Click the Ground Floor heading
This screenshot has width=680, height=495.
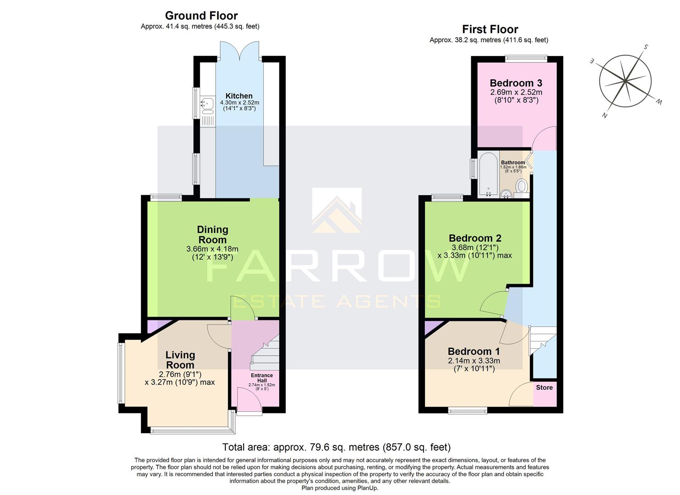pos(201,16)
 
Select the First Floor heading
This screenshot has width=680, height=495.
pos(490,29)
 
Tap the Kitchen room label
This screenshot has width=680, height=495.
pos(239,96)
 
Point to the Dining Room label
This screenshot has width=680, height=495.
pos(212,235)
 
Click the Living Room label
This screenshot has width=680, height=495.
pos(180,360)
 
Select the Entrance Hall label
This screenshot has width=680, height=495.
pos(261,378)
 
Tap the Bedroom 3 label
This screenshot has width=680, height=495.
pos(516,83)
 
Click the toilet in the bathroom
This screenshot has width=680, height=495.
pos(522,187)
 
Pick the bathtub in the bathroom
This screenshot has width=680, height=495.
pos(488,175)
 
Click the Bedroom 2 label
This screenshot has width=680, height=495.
pos(475,238)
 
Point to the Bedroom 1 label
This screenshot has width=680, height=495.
pos(473,352)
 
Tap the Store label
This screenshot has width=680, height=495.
pos(544,387)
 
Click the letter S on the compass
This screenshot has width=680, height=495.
pos(646,47)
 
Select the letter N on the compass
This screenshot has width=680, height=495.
pos(604,115)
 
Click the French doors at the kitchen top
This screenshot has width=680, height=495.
pos(239,50)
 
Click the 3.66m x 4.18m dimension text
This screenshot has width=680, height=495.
pos(212,249)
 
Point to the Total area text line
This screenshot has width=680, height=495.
pos(336,447)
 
